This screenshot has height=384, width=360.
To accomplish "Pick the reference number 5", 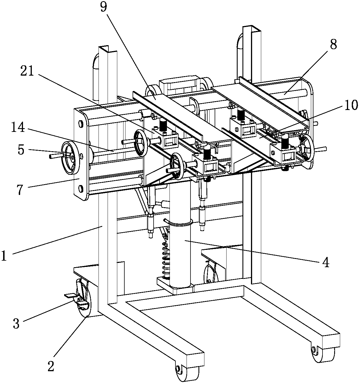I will pos(21,150).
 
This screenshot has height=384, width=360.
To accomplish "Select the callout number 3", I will pos(16,323).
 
